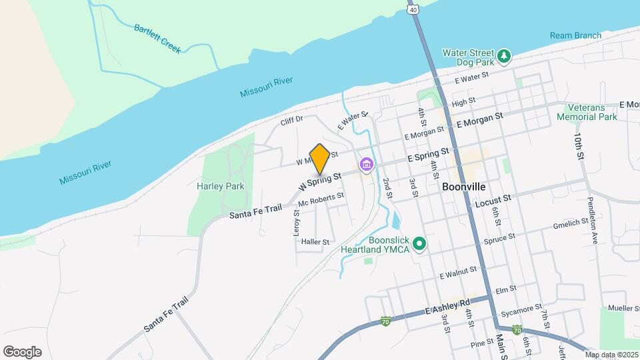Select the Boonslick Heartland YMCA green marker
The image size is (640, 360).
click(419, 244)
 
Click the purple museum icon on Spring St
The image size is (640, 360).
click(366, 164)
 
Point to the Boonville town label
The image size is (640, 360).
click(463, 187)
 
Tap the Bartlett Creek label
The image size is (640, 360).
click(157, 39)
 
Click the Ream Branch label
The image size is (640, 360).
click(576, 35)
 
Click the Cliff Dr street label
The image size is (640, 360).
click(292, 120)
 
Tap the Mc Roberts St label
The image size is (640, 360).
click(321, 199)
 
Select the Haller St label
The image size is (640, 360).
click(315, 241)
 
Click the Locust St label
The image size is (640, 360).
click(493, 199)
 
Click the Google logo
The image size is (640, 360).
click(22, 351)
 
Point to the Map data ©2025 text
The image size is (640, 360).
click(611, 355)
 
